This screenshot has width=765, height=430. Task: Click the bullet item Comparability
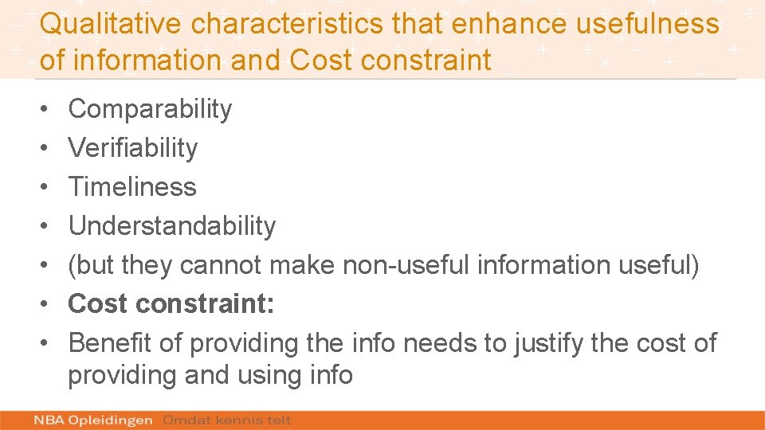(x=150, y=109)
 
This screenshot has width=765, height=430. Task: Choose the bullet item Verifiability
(x=132, y=148)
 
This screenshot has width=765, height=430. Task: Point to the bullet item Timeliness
(x=132, y=187)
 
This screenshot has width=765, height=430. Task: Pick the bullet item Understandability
(x=171, y=226)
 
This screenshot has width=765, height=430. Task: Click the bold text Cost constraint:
(x=171, y=303)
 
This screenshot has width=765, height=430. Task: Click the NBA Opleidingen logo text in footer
(x=94, y=420)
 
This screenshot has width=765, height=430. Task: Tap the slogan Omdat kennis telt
(x=227, y=420)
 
